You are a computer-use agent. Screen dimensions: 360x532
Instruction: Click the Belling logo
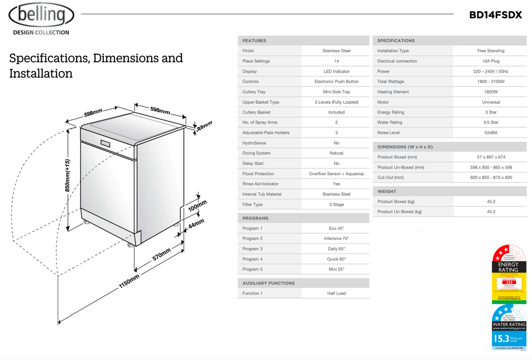click(x=41, y=15)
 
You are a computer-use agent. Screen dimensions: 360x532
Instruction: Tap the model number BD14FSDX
click(x=495, y=15)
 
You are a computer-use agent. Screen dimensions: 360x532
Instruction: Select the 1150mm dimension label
click(x=129, y=282)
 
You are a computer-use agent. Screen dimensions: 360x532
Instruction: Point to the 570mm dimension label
click(x=161, y=254)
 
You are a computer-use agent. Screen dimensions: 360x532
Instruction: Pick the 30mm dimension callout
click(x=204, y=126)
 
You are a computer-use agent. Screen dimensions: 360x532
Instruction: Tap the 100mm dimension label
click(x=197, y=205)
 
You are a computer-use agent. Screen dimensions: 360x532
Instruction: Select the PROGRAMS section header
click(x=255, y=218)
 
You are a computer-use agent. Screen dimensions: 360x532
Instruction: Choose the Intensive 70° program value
click(x=336, y=239)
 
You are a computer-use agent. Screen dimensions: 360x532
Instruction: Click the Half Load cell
click(x=336, y=293)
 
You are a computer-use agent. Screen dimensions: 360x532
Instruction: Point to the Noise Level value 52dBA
click(x=490, y=133)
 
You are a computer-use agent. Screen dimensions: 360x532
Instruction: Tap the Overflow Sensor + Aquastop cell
click(x=336, y=174)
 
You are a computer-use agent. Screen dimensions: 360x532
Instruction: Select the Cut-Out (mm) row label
click(x=390, y=177)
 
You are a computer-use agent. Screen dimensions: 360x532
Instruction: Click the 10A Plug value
click(x=490, y=61)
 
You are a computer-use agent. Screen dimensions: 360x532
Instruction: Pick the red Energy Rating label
click(x=508, y=275)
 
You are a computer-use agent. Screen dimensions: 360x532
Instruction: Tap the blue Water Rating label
click(x=508, y=327)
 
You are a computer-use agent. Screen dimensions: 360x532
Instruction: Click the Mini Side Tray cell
click(x=336, y=92)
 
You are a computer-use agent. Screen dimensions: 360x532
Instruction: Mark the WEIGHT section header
click(x=387, y=191)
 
